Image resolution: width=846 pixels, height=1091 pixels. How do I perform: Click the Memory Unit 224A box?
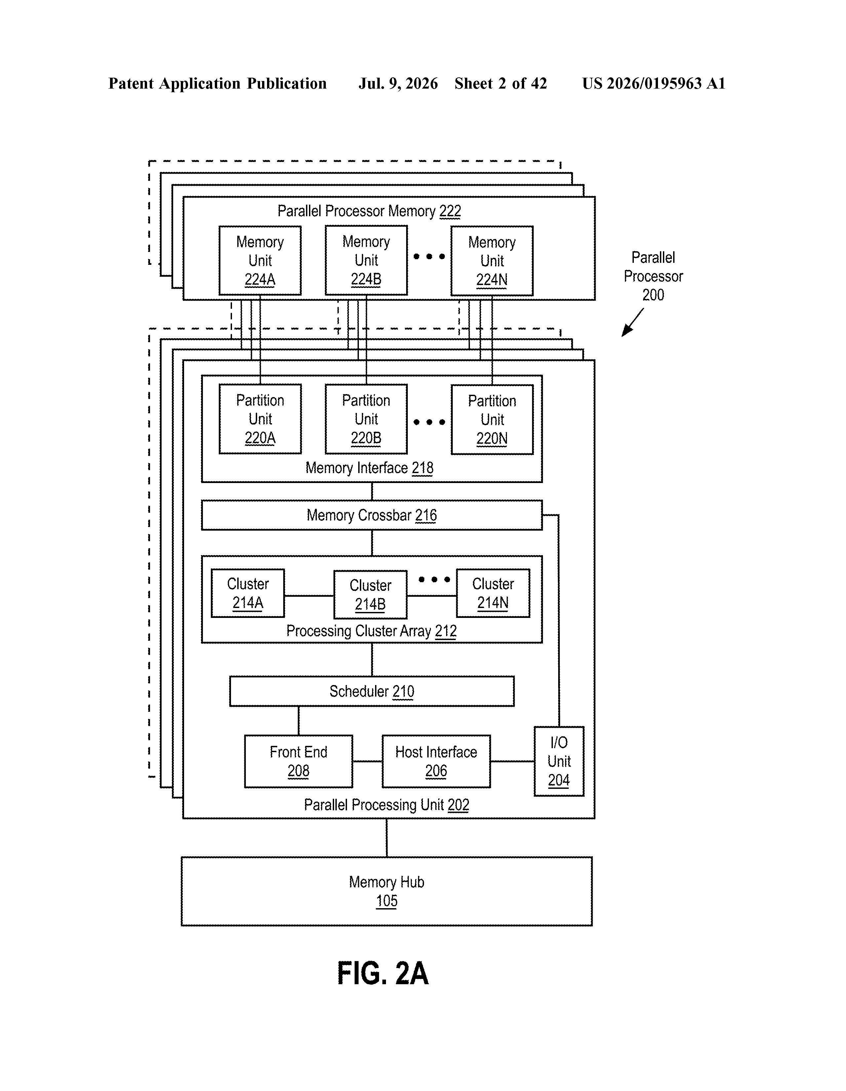click(260, 260)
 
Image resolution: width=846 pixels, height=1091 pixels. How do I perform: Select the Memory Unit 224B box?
click(366, 260)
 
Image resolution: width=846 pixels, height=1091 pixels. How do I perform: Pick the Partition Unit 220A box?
click(260, 419)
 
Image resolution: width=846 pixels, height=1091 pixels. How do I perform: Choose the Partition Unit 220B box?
click(366, 419)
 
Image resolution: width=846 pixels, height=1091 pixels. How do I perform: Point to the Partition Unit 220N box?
click(492, 419)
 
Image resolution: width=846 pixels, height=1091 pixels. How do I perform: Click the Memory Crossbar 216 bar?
click(371, 515)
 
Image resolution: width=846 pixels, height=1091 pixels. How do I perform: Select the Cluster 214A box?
click(248, 593)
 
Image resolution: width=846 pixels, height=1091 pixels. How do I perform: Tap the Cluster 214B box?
click(370, 594)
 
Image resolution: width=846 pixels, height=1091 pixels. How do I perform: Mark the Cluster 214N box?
click(493, 593)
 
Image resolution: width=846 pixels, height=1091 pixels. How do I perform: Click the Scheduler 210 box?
click(371, 691)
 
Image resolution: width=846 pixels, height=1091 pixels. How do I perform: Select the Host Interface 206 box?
click(436, 761)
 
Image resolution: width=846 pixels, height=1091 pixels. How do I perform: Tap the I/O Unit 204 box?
click(559, 761)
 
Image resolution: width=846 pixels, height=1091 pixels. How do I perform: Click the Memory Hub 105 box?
click(387, 891)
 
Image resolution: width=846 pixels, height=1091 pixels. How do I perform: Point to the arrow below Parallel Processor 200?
click(632, 322)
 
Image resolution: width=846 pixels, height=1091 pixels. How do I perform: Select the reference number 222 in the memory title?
click(450, 211)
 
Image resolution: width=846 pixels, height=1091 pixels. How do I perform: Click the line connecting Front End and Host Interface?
click(367, 761)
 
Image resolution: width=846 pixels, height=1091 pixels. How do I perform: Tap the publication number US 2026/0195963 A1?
click(654, 83)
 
